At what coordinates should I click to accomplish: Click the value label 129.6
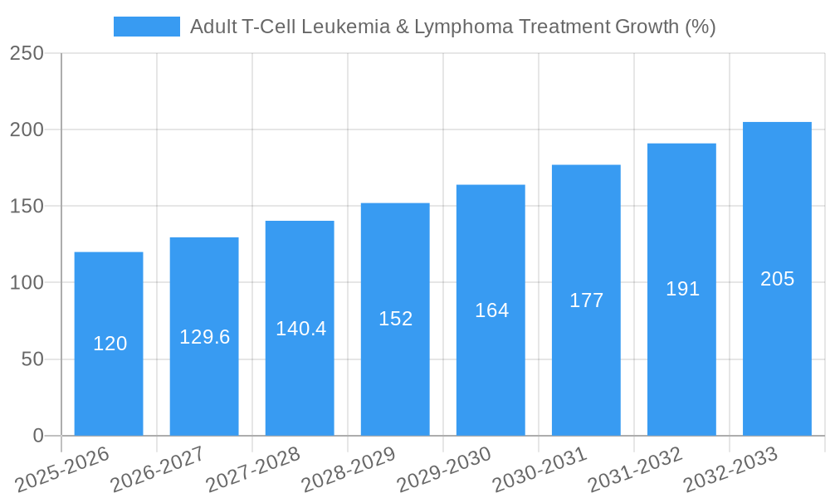204,337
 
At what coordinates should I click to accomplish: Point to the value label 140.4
300,329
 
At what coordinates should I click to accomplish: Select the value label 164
491,310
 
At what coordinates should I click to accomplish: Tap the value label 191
682,289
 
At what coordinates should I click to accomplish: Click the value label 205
777,279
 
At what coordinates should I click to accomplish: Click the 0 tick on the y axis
38,436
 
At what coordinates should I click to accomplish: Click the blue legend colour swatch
146,27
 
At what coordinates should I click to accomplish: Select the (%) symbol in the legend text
700,27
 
